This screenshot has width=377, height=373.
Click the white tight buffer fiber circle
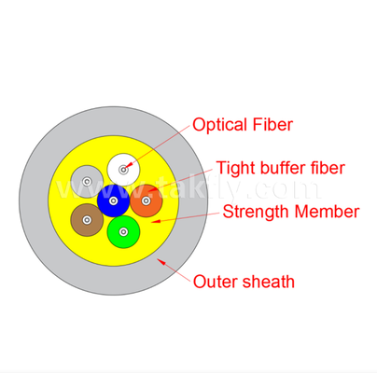[123, 170]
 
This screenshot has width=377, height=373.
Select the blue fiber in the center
[113, 200]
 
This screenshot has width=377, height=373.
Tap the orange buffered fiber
[147, 200]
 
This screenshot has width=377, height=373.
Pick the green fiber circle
[123, 232]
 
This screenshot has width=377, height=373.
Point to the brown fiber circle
[87, 220]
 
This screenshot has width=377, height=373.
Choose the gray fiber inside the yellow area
[87, 181]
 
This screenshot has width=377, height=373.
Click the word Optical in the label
[219, 125]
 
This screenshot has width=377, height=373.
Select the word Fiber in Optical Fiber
[272, 124]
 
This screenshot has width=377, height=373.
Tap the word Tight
[236, 168]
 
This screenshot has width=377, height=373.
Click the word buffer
[283, 168]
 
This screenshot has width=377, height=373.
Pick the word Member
[327, 212]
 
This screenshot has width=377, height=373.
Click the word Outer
[216, 282]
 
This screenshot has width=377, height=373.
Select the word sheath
[268, 282]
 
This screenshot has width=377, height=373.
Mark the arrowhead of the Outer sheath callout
[161, 261]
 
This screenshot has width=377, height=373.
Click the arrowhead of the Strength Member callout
[156, 221]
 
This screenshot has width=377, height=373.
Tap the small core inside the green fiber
[123, 232]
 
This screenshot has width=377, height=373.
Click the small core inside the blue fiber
[113, 200]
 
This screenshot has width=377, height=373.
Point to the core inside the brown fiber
[87, 220]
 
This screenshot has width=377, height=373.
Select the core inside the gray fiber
[87, 181]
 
